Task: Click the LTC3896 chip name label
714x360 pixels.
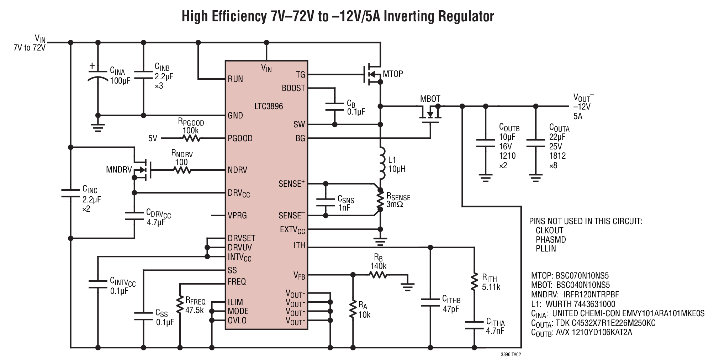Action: (269, 106)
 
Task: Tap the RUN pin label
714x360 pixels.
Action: (236, 79)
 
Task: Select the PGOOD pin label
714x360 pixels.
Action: (240, 138)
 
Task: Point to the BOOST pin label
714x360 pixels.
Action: (293, 88)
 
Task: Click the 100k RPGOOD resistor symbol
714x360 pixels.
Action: (191, 138)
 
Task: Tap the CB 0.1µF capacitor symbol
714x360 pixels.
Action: (334, 106)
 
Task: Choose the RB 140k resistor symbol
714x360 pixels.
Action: (379, 275)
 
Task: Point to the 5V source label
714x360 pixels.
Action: (153, 138)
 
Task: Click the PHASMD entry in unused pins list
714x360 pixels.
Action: (551, 239)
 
